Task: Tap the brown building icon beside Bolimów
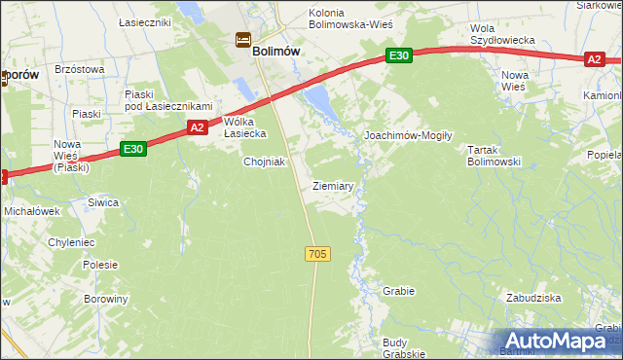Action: (x=241, y=40)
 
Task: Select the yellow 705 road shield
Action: (x=317, y=254)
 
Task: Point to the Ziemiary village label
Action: (x=333, y=185)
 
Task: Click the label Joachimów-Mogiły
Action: (x=408, y=136)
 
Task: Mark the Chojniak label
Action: (x=264, y=162)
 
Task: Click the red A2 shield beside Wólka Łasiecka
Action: (x=197, y=127)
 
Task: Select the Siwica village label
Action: (x=103, y=202)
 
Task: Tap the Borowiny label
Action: (x=105, y=299)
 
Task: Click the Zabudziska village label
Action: (x=531, y=298)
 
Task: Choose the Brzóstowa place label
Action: (x=79, y=69)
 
